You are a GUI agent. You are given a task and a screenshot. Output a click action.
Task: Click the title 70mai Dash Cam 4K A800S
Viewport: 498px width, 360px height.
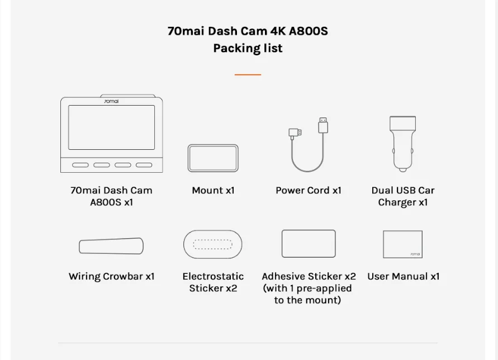click(248, 31)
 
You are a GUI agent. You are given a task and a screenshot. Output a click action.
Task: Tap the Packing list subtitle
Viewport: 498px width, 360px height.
click(248, 48)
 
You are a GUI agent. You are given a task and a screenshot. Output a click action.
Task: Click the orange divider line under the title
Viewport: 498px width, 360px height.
click(248, 74)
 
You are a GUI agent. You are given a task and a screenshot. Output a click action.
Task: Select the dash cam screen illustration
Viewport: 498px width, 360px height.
click(111, 127)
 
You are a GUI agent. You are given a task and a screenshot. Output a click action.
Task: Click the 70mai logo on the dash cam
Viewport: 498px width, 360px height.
click(111, 101)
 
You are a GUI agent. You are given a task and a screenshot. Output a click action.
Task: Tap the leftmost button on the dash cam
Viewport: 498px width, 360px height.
click(80, 165)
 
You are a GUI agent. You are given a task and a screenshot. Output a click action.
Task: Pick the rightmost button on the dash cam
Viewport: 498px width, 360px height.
click(144, 165)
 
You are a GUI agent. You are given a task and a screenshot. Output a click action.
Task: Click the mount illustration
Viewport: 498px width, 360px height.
click(213, 158)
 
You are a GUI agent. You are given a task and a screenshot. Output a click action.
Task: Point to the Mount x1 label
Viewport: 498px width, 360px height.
click(213, 191)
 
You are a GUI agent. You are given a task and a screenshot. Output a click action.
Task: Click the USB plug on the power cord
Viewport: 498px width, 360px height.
click(323, 125)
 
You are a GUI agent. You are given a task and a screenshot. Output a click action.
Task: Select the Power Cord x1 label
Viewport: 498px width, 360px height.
click(309, 191)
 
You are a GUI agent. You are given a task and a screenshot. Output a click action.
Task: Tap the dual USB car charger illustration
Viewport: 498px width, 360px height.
click(402, 143)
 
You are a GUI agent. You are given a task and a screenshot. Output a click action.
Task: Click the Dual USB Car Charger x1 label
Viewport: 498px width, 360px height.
click(402, 196)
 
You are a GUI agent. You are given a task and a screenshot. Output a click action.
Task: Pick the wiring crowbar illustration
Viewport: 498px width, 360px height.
click(111, 246)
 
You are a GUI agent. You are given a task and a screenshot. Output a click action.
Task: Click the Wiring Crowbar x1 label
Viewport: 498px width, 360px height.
click(111, 277)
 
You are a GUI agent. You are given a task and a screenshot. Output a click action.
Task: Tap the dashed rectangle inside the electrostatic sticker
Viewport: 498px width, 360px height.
click(212, 244)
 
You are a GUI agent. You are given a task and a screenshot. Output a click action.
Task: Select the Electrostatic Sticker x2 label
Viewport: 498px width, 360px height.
click(213, 282)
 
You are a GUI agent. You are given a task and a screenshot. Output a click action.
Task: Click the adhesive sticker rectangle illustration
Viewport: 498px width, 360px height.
click(309, 244)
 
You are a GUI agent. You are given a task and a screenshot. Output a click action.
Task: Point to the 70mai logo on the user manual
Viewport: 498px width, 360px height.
click(415, 254)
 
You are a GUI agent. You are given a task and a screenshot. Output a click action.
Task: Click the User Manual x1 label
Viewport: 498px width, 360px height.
click(403, 277)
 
